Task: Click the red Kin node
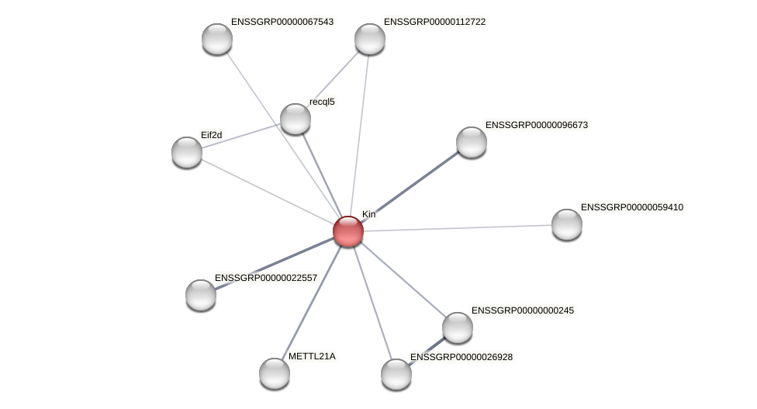pyautogui.click(x=348, y=230)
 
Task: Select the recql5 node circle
pyautogui.click(x=295, y=119)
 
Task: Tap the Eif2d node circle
pyautogui.click(x=187, y=152)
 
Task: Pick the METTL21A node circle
pyautogui.click(x=275, y=373)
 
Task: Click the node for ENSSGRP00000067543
pyautogui.click(x=217, y=39)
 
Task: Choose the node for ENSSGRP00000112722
pyautogui.click(x=370, y=39)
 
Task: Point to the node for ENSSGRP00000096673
pyautogui.click(x=472, y=142)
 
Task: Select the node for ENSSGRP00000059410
pyautogui.click(x=567, y=224)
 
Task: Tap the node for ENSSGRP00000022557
pyautogui.click(x=201, y=295)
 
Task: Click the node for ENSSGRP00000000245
pyautogui.click(x=458, y=328)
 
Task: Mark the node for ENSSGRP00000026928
pyautogui.click(x=396, y=374)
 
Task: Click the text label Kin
pyautogui.click(x=368, y=214)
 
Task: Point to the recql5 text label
pyautogui.click(x=322, y=102)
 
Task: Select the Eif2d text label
pyautogui.click(x=211, y=135)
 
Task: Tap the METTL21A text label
pyautogui.click(x=312, y=356)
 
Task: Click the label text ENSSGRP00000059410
pyautogui.click(x=631, y=207)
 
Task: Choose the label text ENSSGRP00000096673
pyautogui.click(x=536, y=125)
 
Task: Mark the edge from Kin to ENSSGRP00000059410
pyautogui.click(x=458, y=228)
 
